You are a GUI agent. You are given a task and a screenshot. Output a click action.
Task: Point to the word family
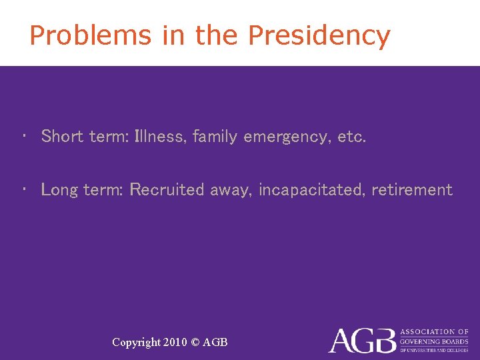tap(215, 137)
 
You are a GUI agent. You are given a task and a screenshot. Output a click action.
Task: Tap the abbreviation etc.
tap(352, 137)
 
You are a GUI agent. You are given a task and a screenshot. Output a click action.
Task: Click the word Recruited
tap(167, 190)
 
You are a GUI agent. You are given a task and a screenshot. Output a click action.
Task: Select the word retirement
tap(412, 190)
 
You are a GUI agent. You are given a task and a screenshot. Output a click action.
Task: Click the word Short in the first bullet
tap(61, 137)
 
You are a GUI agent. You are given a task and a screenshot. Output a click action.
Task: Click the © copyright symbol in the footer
tap(195, 342)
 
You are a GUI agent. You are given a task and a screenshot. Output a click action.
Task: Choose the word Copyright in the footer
tap(136, 343)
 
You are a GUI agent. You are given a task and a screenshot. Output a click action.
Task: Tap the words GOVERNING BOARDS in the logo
tap(433, 341)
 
